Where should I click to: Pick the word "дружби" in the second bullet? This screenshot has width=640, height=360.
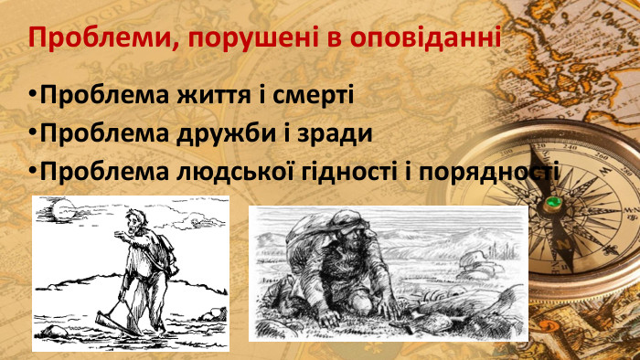(226, 133)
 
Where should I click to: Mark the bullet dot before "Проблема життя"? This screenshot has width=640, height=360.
(33, 95)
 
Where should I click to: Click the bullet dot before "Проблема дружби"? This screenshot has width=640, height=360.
(33, 134)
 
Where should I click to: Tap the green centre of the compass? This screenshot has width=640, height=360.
(552, 202)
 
